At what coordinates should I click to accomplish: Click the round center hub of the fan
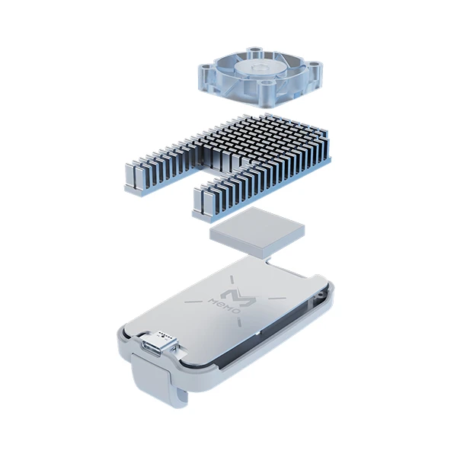tap(258, 69)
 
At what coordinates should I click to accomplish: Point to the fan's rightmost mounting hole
tap(314, 64)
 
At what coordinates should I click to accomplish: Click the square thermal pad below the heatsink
tap(257, 232)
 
